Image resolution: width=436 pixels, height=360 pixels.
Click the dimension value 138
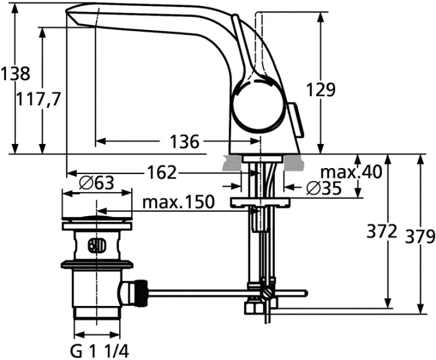coord(14,74)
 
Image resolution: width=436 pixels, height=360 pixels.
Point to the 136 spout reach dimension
coord(183,142)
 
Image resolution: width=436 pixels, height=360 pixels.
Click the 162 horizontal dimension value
coord(162,173)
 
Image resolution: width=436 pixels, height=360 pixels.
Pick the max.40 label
coord(351,173)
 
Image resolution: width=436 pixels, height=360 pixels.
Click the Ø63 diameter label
coord(96,183)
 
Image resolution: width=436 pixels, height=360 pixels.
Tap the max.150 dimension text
coord(178,202)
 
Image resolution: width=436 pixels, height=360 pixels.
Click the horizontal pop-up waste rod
coord(204,293)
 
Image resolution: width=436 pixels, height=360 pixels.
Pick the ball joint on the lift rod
coord(267,293)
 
